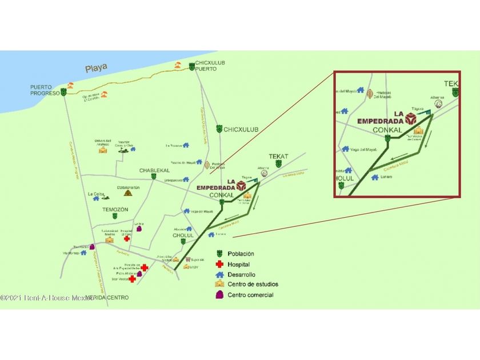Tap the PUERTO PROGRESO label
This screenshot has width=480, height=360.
[45, 90]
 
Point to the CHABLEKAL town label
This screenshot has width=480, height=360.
[151, 170]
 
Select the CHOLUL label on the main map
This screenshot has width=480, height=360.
[183, 235]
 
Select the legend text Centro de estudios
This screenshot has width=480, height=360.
[250, 284]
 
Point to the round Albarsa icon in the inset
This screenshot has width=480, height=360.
[438, 105]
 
